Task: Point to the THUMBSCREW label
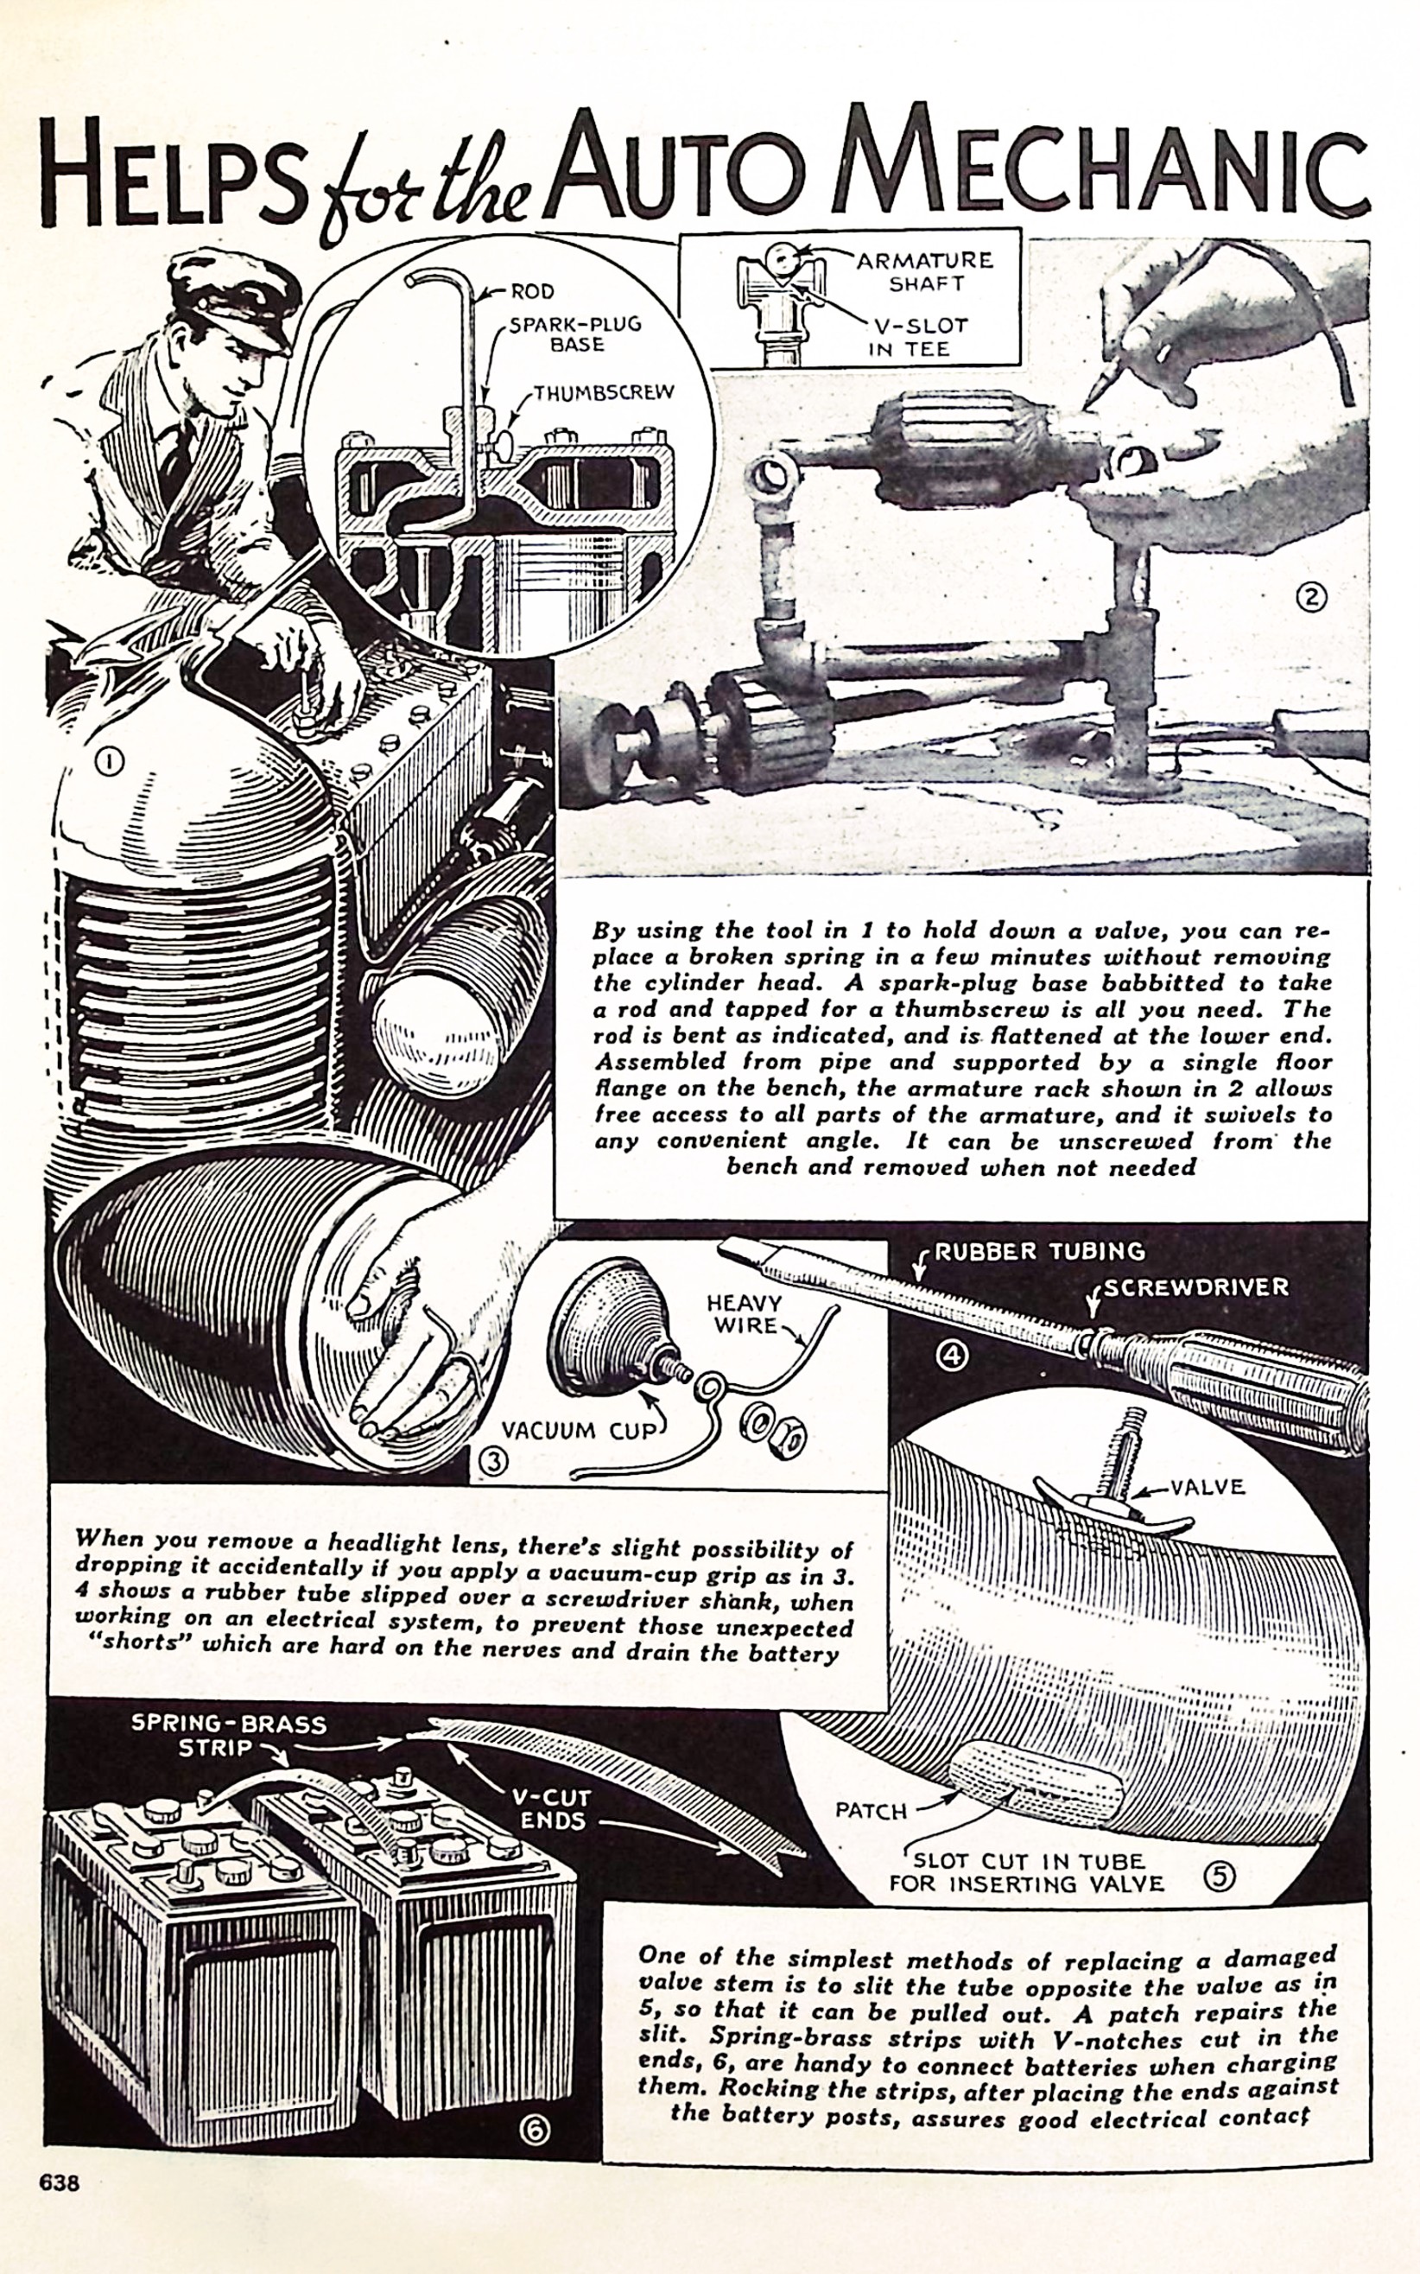604,392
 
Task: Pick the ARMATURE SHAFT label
925,270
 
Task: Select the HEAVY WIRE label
746,1314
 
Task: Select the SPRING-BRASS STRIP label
228,1736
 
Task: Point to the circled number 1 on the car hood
110,763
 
